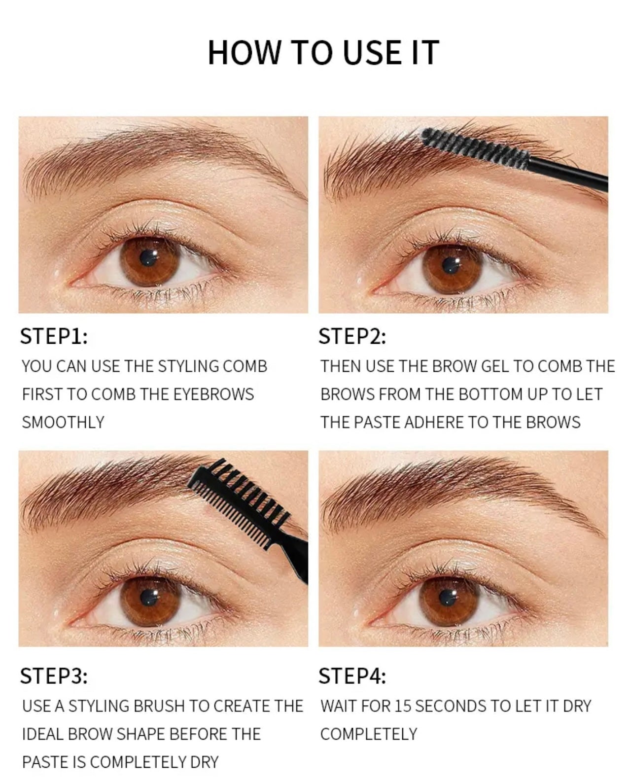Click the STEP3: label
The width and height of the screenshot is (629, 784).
(x=54, y=676)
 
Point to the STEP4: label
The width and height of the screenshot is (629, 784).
(x=352, y=676)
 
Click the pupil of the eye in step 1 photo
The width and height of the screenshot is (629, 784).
(x=147, y=257)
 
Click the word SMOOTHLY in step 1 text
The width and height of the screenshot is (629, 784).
(x=63, y=423)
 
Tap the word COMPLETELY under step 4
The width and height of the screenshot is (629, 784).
(x=368, y=734)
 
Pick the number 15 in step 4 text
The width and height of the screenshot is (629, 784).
(x=403, y=706)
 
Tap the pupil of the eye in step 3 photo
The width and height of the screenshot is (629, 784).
(x=146, y=598)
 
